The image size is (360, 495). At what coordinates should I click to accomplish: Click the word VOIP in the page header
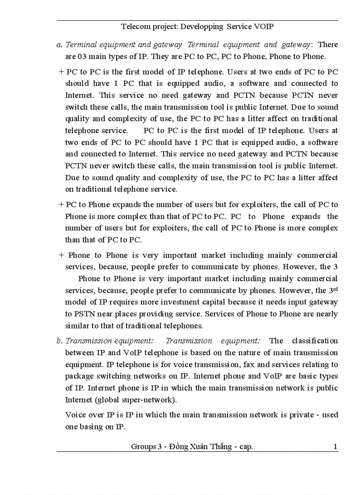[264, 26]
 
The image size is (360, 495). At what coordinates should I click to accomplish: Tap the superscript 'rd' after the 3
[335, 289]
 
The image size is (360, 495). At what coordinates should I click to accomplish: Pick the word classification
[315, 341]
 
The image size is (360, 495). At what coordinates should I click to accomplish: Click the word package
[80, 376]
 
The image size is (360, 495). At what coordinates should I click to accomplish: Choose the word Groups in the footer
[143, 447]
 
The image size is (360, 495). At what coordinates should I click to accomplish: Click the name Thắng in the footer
[222, 447]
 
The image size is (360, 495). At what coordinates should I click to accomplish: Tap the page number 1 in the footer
[335, 447]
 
